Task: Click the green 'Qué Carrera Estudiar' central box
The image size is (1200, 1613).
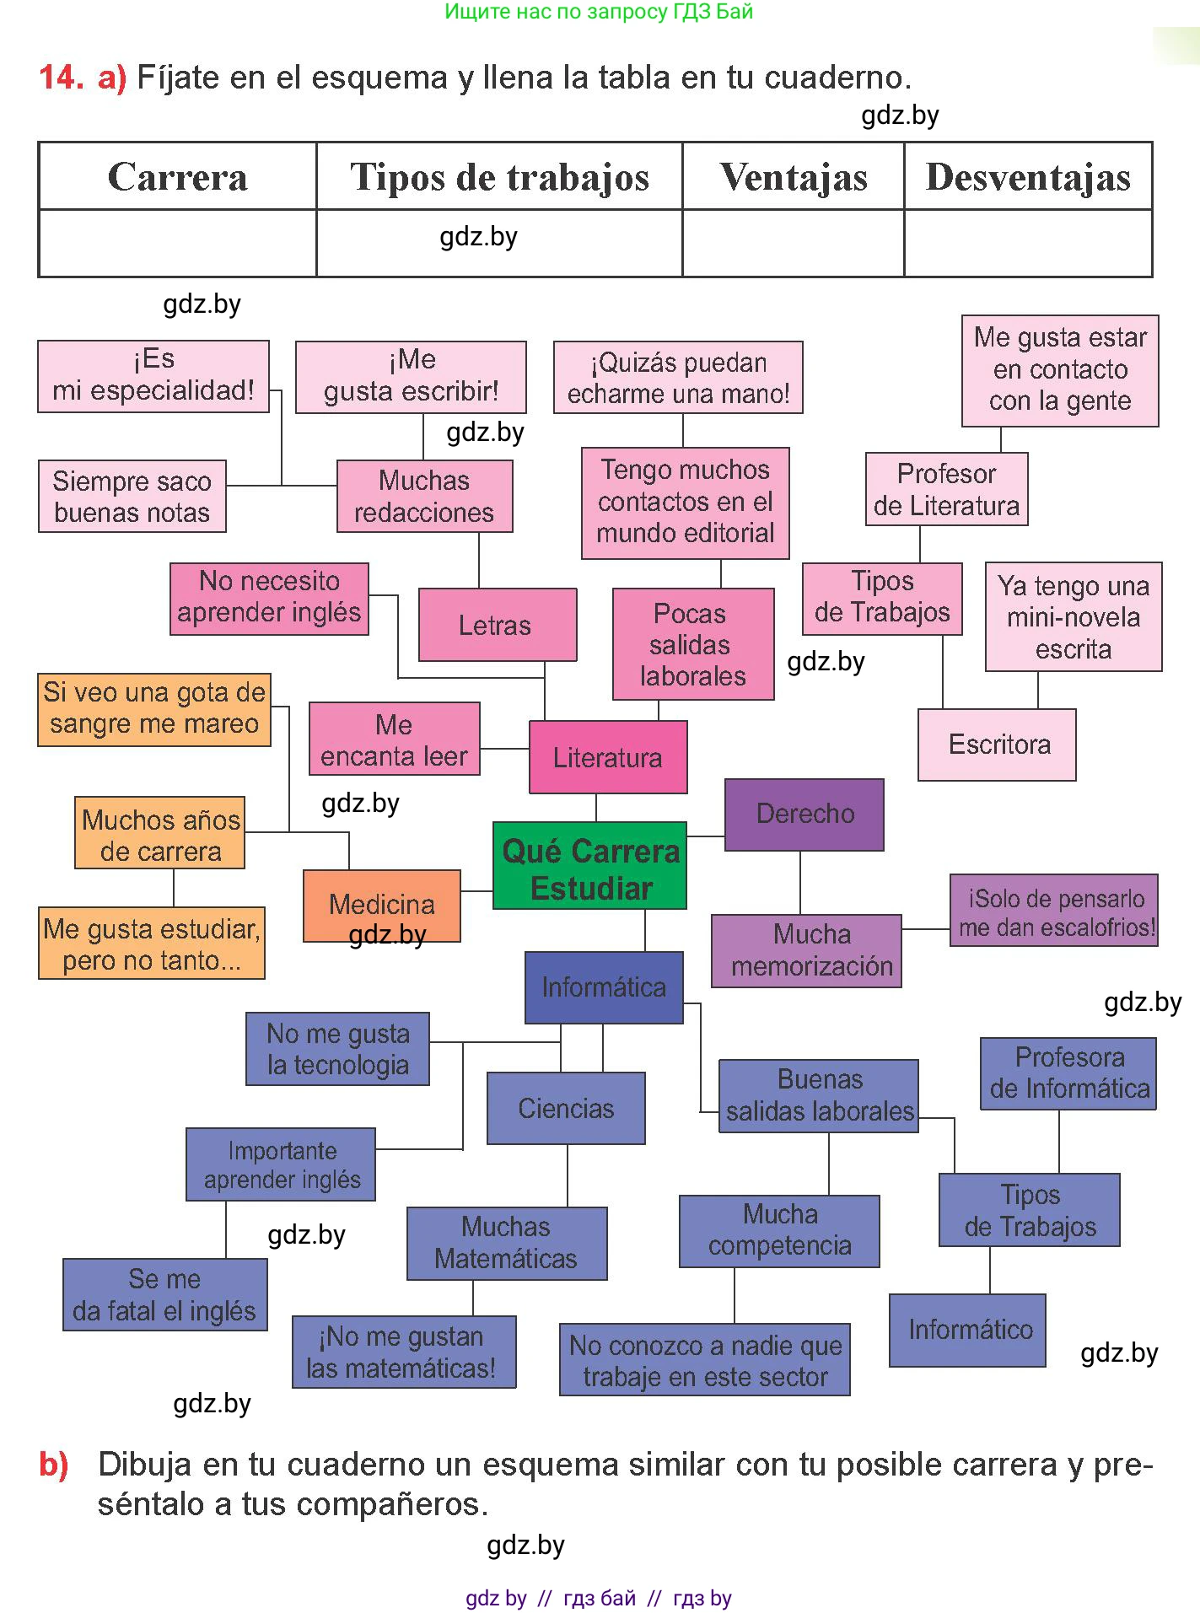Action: point(589,865)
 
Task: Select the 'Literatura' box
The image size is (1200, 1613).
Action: point(608,757)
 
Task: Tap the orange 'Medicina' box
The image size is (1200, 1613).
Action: point(382,906)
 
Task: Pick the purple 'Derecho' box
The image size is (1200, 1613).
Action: point(804,815)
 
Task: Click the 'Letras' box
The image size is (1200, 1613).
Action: point(498,625)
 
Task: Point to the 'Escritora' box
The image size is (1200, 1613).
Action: point(997,745)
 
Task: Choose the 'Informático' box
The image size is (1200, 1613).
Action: point(967,1331)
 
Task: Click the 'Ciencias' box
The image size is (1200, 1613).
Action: point(566,1108)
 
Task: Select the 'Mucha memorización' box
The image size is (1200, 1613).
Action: point(806,951)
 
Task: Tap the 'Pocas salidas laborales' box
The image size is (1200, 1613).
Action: point(693,644)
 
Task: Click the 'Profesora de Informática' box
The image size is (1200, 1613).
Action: point(1068,1073)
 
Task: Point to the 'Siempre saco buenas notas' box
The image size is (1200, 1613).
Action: point(132,496)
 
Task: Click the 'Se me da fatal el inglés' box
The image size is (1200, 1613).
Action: point(165,1295)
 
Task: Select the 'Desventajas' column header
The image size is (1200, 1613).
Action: point(1028,176)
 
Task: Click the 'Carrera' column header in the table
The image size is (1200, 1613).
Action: point(178,176)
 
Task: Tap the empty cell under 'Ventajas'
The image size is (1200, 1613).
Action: point(794,243)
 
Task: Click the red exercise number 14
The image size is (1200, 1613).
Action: point(61,78)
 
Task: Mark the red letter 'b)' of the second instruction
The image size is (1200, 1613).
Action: point(53,1465)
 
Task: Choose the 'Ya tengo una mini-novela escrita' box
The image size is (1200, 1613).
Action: point(1074,616)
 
